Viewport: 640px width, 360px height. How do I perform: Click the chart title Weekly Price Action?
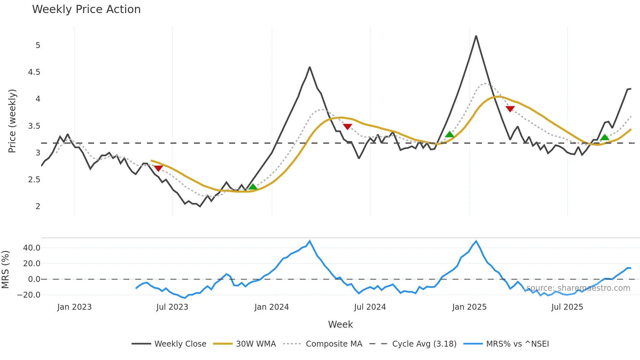pos(86,9)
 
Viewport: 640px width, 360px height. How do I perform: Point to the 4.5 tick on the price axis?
pos(34,72)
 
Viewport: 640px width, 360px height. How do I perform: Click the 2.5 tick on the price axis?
pos(34,180)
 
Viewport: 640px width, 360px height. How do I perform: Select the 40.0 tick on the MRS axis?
pos(32,248)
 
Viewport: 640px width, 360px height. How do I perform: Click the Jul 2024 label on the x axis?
pos(370,307)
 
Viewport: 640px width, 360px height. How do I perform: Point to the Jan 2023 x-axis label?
pos(74,307)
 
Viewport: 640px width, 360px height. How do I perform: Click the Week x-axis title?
pos(340,324)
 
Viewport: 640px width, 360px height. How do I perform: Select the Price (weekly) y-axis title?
pos(12,121)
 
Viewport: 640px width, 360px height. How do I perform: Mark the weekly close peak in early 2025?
pos(476,36)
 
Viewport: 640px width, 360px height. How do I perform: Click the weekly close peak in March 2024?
pos(310,67)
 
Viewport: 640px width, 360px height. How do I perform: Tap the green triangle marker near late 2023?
pos(253,187)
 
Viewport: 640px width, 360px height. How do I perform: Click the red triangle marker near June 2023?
pos(158,168)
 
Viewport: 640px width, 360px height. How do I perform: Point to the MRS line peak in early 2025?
pos(476,241)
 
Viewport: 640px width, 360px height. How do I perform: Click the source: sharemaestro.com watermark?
pos(578,288)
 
